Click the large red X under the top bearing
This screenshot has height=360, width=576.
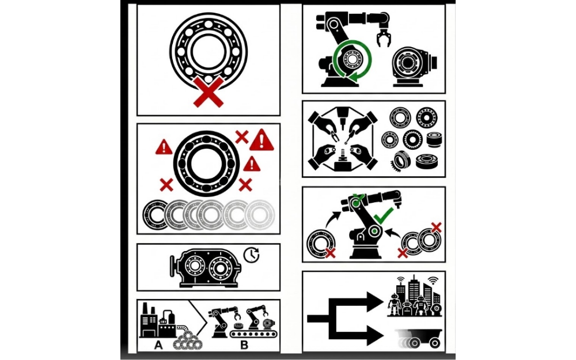pos(209,93)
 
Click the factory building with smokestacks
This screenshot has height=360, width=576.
pos(157,323)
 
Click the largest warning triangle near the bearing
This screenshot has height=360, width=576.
pos(262,139)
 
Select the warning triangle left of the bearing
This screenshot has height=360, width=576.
pos(164,147)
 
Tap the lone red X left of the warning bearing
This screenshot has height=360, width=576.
pos(166,185)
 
